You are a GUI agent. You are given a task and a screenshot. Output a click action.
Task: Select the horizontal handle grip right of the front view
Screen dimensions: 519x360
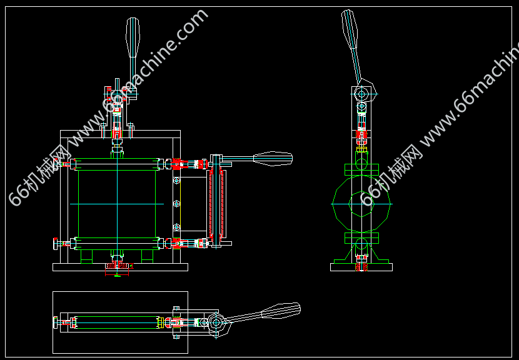(273, 159)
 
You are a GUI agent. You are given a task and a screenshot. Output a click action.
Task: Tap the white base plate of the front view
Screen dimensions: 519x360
(120, 267)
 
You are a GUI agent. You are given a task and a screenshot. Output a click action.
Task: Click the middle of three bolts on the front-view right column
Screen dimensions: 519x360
(176, 204)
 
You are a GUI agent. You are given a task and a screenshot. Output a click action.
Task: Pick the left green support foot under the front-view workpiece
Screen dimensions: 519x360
(86, 256)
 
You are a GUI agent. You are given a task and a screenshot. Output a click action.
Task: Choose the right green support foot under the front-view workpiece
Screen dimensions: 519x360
(148, 256)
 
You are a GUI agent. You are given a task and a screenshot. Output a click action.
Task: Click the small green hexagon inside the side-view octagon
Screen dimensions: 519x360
(361, 204)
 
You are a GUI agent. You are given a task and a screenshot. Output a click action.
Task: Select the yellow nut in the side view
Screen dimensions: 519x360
(361, 149)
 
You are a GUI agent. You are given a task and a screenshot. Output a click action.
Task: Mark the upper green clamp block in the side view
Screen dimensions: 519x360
(361, 169)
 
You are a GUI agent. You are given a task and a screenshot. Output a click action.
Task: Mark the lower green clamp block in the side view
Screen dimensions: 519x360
(361, 238)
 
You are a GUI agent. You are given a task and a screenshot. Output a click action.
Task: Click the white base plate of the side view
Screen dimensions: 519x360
(361, 267)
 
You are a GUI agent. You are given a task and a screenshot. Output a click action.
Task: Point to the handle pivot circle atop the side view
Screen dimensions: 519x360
(361, 94)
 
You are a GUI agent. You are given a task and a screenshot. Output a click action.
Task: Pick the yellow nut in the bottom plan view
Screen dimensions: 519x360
(161, 322)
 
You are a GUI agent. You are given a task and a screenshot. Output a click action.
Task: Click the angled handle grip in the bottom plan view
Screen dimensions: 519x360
(281, 311)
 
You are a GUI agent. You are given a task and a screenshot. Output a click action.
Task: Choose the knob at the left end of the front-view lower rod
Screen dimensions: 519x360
(55, 244)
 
